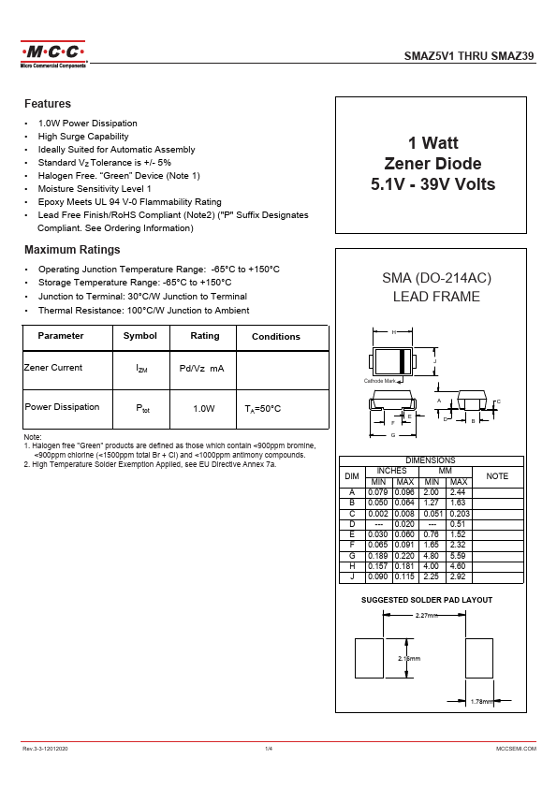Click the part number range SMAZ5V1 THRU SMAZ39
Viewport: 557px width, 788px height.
pyautogui.click(x=469, y=56)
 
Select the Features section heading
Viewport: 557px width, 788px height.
pyautogui.click(x=48, y=104)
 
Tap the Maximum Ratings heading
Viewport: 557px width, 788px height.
pyautogui.click(x=72, y=250)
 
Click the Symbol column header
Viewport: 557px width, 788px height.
pyautogui.click(x=140, y=336)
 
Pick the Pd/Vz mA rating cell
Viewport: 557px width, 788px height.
pyautogui.click(x=201, y=369)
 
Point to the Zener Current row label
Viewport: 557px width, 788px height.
pyautogui.click(x=53, y=368)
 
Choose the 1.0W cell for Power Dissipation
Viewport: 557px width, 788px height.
pyautogui.click(x=204, y=409)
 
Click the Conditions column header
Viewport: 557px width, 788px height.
pyautogui.click(x=276, y=337)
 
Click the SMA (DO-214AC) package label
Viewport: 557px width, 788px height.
pyautogui.click(x=436, y=279)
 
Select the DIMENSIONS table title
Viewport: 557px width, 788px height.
pyautogui.click(x=431, y=460)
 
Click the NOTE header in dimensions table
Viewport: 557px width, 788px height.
pyautogui.click(x=498, y=476)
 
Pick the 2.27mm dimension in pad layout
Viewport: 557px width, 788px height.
pyautogui.click(x=426, y=615)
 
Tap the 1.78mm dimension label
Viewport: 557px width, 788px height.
pyautogui.click(x=481, y=701)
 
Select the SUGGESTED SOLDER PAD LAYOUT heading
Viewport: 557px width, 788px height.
pyautogui.click(x=427, y=600)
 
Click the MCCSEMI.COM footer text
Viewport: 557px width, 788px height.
pyautogui.click(x=516, y=750)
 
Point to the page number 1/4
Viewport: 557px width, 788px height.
pyautogui.click(x=269, y=750)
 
